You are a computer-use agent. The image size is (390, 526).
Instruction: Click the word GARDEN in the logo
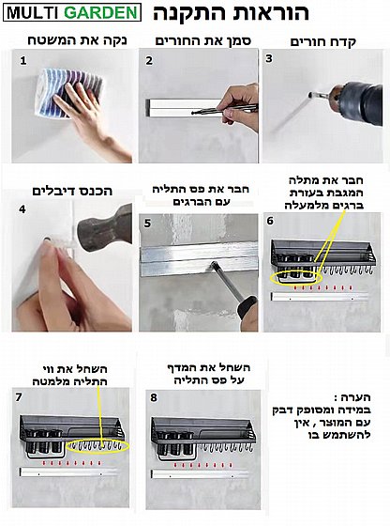100,13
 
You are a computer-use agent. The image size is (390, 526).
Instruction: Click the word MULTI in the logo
33,13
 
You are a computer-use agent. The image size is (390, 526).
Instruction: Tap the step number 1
22,61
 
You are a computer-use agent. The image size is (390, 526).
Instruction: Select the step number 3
269,58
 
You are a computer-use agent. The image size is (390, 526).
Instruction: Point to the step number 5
147,224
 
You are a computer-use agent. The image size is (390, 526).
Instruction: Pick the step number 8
154,398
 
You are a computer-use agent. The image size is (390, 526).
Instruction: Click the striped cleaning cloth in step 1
68,92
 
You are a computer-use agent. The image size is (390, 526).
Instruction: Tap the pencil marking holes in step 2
224,109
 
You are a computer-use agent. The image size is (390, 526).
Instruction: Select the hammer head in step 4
104,225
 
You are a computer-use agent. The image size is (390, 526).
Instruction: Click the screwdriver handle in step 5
247,306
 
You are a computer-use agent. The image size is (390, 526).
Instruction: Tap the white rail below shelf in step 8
200,474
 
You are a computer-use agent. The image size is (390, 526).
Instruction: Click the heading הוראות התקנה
231,13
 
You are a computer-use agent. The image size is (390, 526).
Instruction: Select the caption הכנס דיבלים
72,192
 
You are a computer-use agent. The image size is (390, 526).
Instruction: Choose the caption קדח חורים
322,42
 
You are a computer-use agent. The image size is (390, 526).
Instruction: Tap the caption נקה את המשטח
77,40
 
